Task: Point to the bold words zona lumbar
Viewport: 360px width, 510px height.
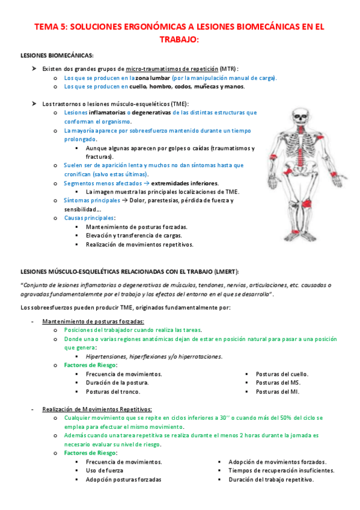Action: coord(152,78)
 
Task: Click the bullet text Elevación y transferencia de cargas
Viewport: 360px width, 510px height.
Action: coord(134,236)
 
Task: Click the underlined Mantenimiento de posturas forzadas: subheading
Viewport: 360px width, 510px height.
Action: coord(93,321)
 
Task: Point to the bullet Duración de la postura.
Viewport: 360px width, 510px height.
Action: coord(117,382)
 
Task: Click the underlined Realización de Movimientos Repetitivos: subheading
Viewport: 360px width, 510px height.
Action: coord(97,409)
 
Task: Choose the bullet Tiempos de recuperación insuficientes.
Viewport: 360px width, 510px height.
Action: coord(281,470)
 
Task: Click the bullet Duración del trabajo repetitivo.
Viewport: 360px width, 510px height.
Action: coord(271,479)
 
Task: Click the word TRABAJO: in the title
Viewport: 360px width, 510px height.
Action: coord(180,39)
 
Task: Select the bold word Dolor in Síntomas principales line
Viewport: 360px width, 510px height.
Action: coord(134,200)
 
